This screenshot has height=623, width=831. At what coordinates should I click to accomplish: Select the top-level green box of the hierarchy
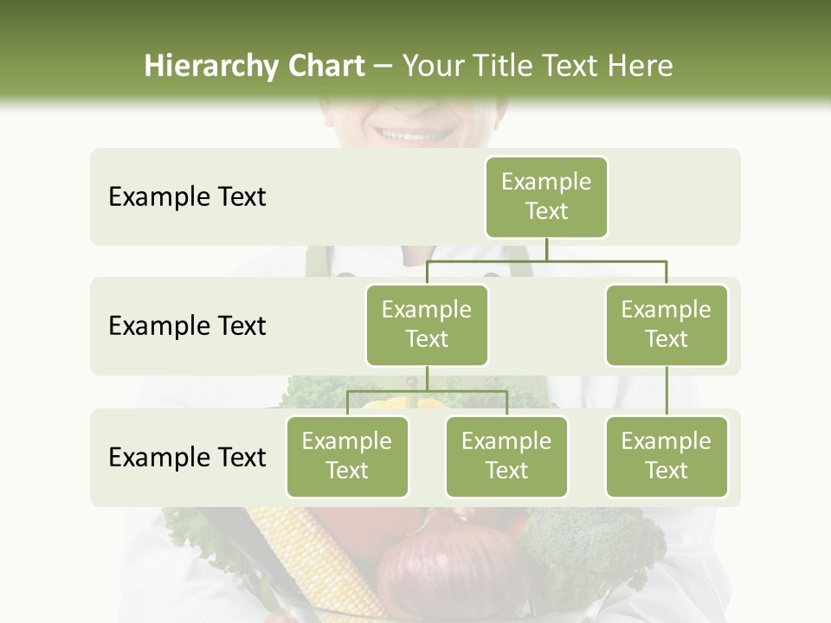click(546, 196)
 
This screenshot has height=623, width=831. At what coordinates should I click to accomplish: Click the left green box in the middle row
click(427, 324)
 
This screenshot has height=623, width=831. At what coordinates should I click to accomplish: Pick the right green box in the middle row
click(667, 324)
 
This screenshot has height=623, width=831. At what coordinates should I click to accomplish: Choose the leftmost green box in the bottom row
click(347, 456)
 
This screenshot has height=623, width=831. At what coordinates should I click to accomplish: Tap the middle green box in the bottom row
click(506, 456)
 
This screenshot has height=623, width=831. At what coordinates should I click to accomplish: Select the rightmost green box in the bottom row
click(667, 456)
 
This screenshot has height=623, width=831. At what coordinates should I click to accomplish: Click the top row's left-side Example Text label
click(187, 197)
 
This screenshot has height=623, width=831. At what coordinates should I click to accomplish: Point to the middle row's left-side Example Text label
click(187, 326)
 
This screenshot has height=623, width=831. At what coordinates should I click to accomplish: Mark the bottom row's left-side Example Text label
click(187, 457)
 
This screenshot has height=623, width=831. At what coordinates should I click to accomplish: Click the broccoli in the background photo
click(589, 545)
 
